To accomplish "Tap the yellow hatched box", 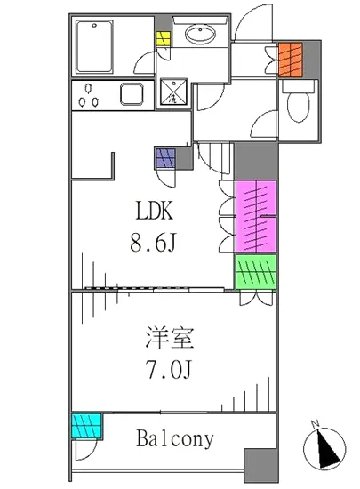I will (164, 41).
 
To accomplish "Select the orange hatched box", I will (291, 60).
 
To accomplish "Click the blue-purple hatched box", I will (166, 157).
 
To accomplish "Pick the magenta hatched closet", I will (256, 215).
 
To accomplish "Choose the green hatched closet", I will (256, 270).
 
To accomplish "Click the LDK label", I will (158, 212).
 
